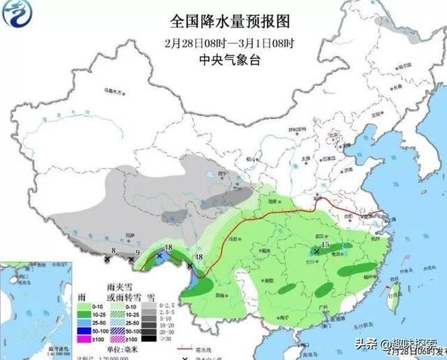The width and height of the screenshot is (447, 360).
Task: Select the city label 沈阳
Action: (378, 113)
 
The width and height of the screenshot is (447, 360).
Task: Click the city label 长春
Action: (397, 89)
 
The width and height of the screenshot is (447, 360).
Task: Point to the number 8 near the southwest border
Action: (113, 250)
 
